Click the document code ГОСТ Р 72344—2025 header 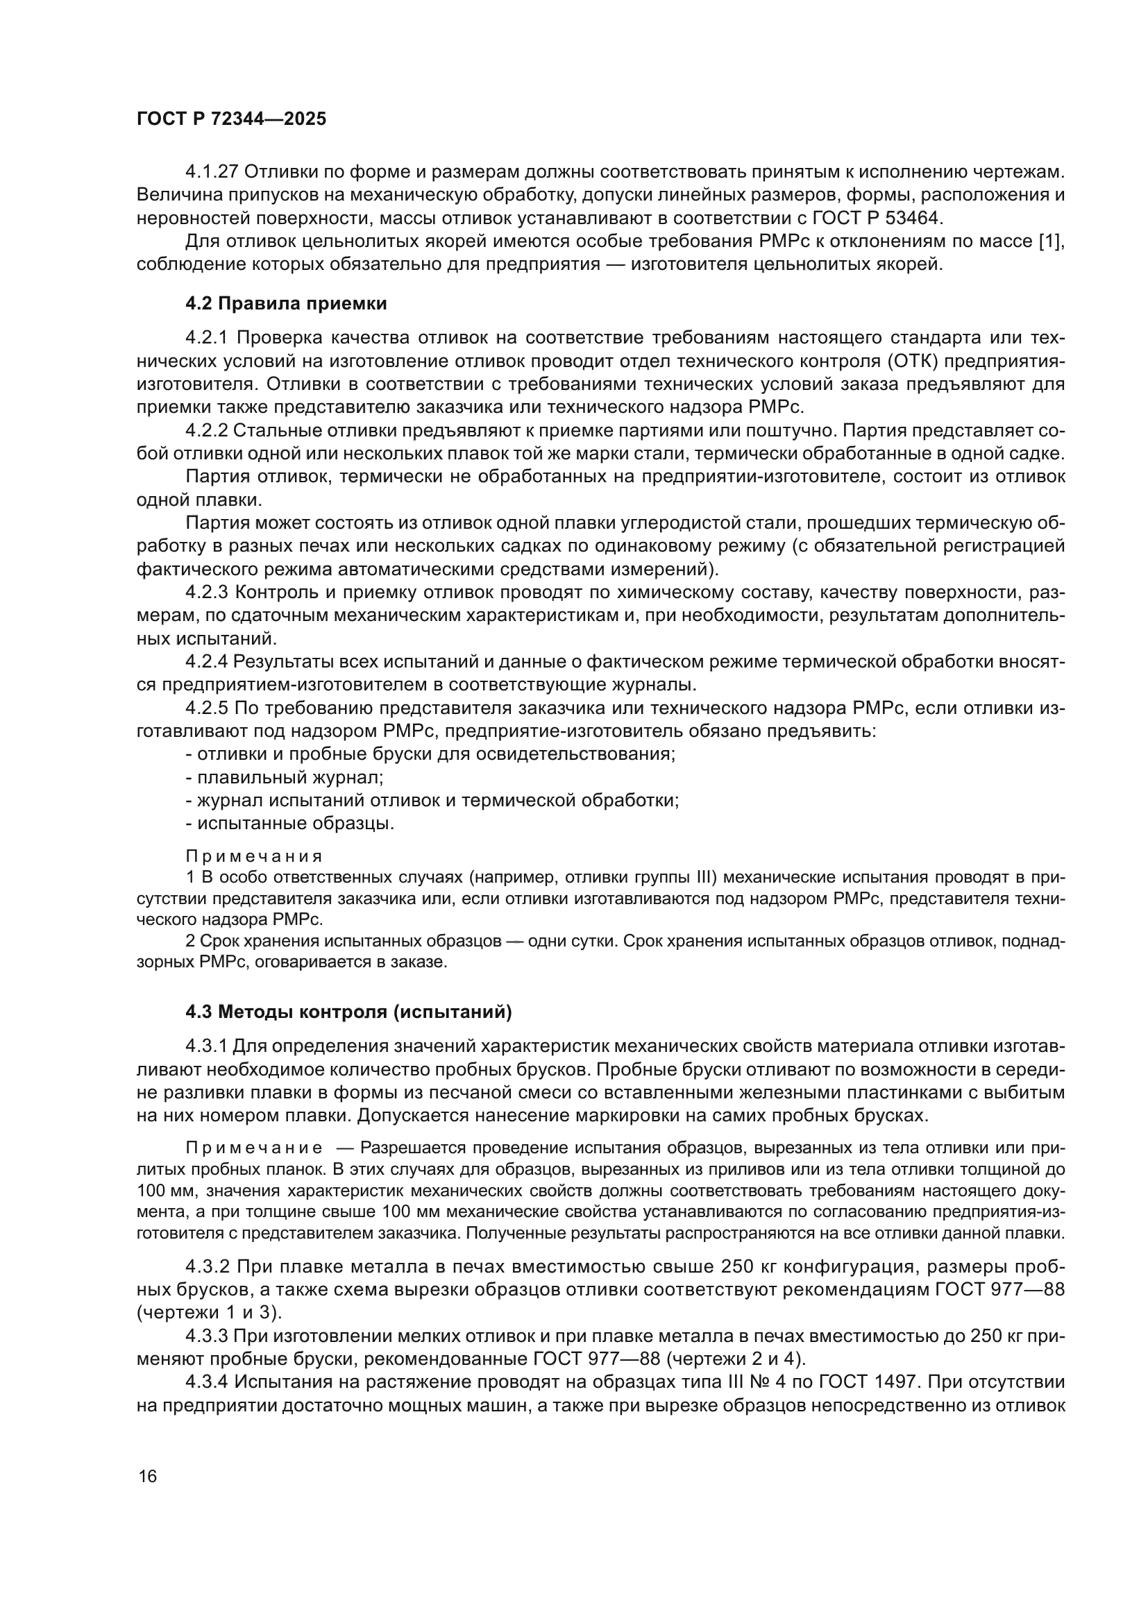(x=231, y=119)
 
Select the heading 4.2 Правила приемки (x=285, y=304)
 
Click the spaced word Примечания (x=254, y=857)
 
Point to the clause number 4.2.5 (x=206, y=708)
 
